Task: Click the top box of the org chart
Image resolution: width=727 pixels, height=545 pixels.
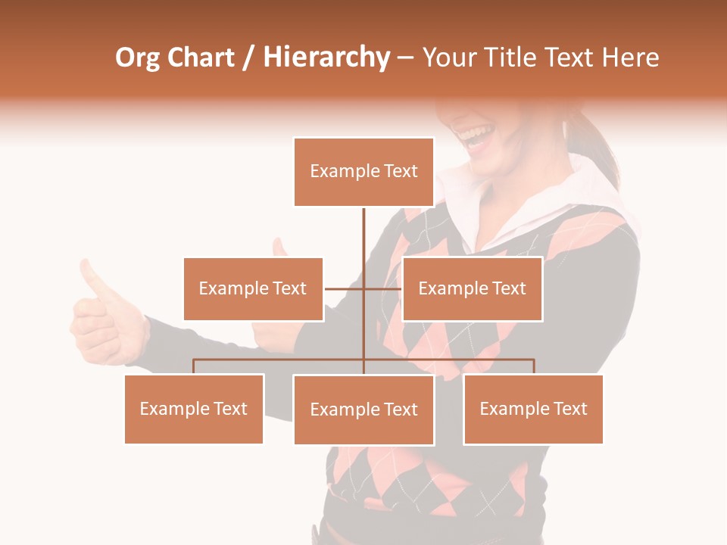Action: pos(363,172)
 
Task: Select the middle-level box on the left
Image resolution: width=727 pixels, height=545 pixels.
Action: pos(253,288)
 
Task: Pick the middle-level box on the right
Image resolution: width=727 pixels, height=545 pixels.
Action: pos(472,288)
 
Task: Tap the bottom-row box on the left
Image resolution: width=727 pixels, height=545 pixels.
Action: pos(194,409)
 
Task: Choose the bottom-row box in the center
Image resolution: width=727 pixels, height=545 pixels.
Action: pos(363,410)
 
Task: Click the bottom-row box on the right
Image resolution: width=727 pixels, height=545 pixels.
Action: pos(533,409)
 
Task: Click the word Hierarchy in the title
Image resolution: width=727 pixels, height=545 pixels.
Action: pos(326,58)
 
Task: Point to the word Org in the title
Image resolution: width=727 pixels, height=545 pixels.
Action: pos(139,58)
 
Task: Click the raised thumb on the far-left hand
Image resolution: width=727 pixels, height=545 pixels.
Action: pos(93,276)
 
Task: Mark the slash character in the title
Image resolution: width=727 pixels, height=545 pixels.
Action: pos(248,58)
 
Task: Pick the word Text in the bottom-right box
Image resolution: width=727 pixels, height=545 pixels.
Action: pos(570,409)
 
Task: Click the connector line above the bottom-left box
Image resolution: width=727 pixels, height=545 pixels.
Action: pos(194,366)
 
